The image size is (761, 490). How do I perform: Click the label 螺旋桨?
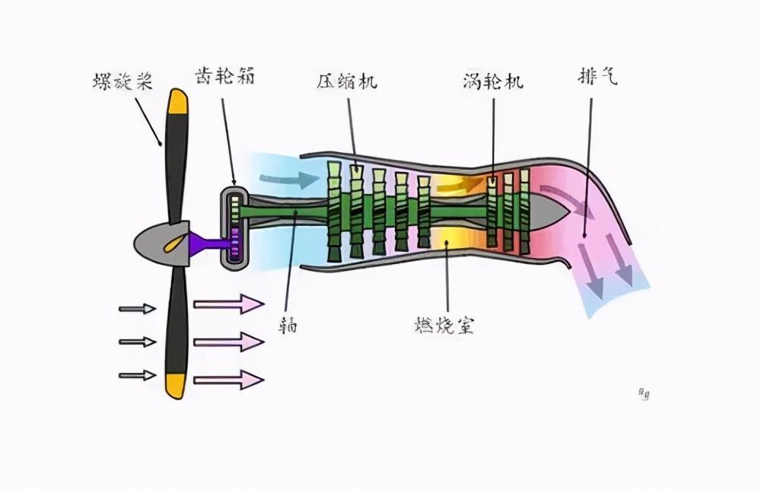(123, 81)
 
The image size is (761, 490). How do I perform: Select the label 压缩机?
(347, 81)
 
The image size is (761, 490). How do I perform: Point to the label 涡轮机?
(492, 81)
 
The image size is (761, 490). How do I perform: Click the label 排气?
(597, 78)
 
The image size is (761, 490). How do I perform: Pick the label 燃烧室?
(445, 326)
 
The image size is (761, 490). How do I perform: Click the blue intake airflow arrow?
(289, 180)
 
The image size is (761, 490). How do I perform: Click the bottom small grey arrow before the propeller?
(138, 374)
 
